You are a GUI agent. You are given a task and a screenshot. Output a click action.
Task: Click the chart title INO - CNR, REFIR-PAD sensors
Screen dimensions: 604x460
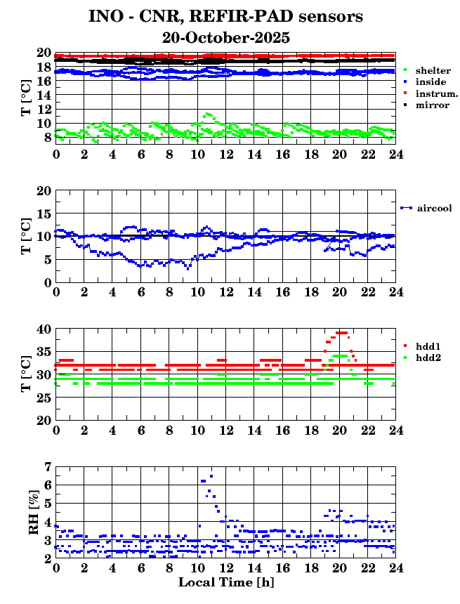(x=225, y=16)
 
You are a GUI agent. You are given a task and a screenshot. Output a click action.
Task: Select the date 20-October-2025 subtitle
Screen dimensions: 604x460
(x=225, y=37)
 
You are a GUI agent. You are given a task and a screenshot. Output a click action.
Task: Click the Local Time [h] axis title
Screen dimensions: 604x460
(x=225, y=582)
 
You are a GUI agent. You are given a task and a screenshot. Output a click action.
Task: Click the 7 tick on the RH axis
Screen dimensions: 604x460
(x=47, y=466)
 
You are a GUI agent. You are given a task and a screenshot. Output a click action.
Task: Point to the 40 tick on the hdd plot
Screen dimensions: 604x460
(x=44, y=328)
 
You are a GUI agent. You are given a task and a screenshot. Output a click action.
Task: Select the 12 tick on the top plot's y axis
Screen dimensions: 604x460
(x=44, y=109)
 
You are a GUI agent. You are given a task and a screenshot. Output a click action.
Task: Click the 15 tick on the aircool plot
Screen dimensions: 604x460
(x=44, y=213)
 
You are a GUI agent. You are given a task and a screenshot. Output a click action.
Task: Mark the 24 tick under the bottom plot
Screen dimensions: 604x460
(x=396, y=567)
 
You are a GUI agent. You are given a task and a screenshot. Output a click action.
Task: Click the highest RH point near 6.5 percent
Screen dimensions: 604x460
(x=211, y=475)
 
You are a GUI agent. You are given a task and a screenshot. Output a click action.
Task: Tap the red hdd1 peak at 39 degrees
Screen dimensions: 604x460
(x=342, y=333)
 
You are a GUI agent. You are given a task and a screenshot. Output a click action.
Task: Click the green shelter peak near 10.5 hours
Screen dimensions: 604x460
(x=206, y=114)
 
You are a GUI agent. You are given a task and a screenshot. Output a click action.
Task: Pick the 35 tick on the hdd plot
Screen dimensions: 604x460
(x=44, y=351)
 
